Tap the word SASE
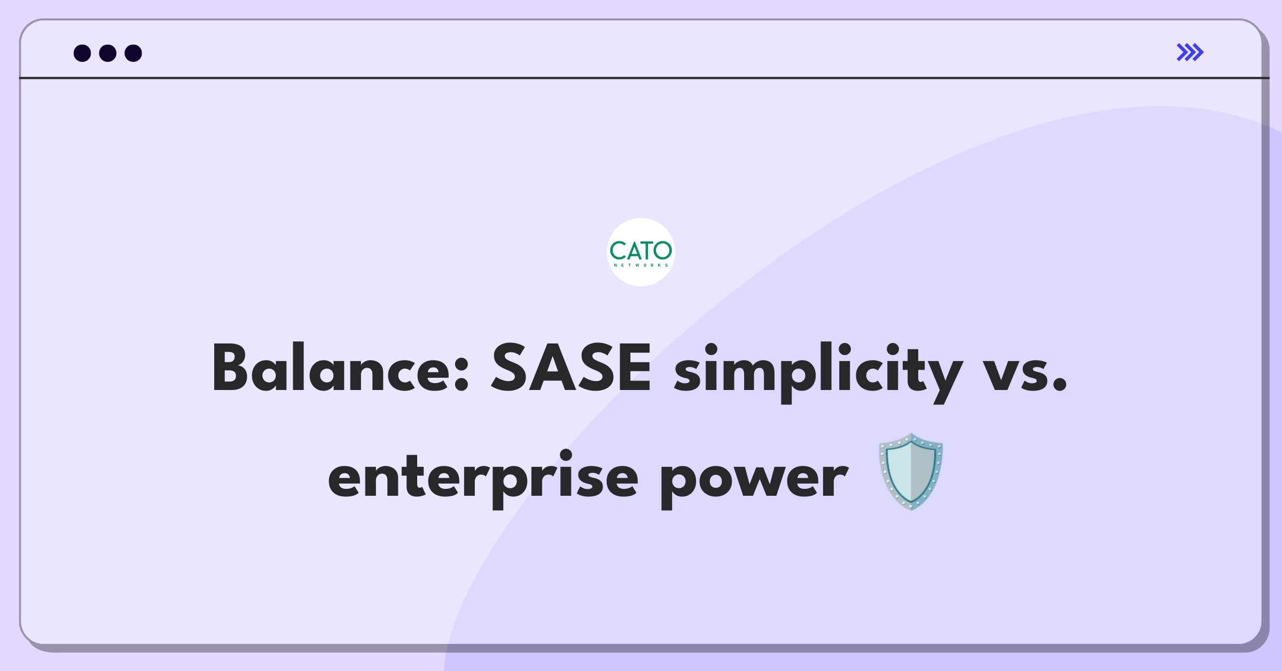(x=571, y=368)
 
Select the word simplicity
(x=818, y=372)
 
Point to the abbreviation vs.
(x=1025, y=374)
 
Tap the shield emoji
(x=911, y=472)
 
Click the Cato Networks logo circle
(x=641, y=252)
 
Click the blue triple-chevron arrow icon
(x=1190, y=52)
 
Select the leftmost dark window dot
(x=82, y=53)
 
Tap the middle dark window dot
(x=108, y=53)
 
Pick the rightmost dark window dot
(x=133, y=53)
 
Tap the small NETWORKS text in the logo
(x=641, y=265)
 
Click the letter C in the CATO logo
(x=619, y=251)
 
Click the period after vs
(x=1059, y=385)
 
